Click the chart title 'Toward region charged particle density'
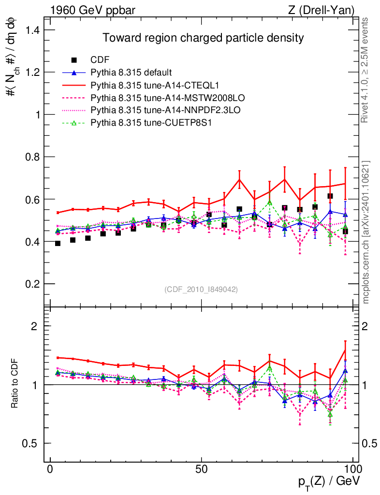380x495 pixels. click(203, 38)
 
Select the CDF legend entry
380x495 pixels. click(100, 60)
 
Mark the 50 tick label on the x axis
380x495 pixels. click(202, 469)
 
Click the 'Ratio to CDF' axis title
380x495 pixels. click(15, 384)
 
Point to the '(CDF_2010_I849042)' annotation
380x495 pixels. click(201, 289)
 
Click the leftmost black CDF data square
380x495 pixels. click(58, 243)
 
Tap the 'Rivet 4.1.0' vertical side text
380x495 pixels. click(366, 70)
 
